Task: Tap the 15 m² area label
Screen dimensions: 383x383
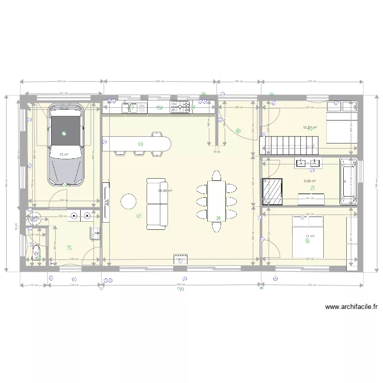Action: click(x=64, y=154)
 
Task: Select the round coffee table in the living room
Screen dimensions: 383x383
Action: click(x=128, y=201)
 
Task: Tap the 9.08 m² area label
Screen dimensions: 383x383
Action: click(x=309, y=181)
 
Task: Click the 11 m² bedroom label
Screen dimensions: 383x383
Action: click(x=309, y=236)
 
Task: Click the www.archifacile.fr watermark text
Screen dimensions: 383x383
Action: click(x=351, y=307)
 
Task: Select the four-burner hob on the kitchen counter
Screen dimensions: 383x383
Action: click(x=180, y=107)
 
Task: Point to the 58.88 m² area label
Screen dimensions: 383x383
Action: click(x=164, y=191)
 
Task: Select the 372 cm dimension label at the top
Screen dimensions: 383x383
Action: click(x=62, y=81)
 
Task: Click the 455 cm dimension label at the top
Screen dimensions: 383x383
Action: click(x=312, y=81)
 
